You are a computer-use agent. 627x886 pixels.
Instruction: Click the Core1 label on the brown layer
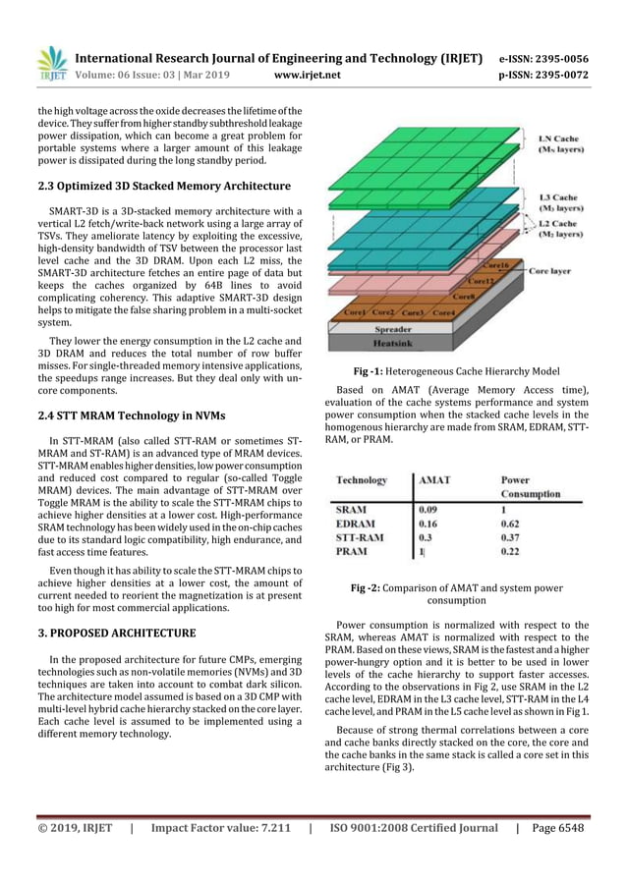[352, 312]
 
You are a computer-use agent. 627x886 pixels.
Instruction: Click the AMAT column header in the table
[435, 480]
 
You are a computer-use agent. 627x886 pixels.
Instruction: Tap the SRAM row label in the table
[353, 510]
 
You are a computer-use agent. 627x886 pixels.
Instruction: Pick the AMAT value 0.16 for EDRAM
[429, 525]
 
